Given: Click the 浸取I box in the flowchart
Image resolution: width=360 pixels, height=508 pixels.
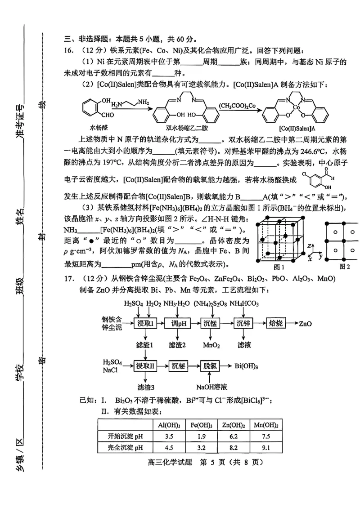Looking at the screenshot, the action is [145, 324].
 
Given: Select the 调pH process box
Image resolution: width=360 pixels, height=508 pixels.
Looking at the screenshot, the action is [179, 324].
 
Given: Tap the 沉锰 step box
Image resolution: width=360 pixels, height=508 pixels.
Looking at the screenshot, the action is [211, 324].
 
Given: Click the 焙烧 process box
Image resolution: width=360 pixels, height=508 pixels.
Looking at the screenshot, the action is [275, 324].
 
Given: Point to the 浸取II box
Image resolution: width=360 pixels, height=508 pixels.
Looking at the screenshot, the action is [145, 365].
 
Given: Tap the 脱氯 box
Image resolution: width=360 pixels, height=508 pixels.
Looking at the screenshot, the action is [211, 365].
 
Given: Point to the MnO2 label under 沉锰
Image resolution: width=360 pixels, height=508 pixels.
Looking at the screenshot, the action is [211, 345].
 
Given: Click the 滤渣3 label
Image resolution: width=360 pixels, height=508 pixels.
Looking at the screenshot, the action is [145, 387].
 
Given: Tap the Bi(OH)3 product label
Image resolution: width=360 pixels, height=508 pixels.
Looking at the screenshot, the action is [246, 366].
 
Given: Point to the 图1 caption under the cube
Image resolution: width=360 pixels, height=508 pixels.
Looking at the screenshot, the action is [279, 266].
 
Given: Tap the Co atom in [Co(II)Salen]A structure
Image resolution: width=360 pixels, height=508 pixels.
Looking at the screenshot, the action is [296, 108].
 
